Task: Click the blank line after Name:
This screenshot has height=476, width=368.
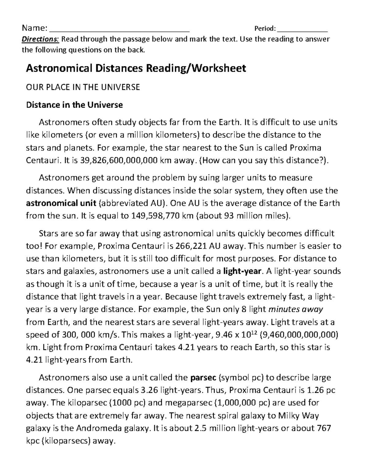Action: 119,30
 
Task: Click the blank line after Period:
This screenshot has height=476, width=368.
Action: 302,30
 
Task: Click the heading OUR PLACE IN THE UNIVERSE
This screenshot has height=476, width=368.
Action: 83,87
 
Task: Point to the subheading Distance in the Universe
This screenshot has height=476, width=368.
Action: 74,105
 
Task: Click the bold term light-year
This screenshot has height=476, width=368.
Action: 242,271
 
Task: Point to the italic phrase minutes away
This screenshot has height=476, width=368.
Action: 296,309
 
